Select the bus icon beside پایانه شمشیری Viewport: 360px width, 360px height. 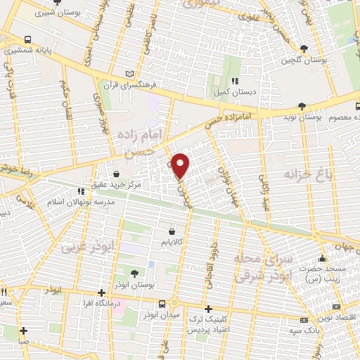point(27,39)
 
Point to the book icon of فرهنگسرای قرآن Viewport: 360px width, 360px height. point(128,73)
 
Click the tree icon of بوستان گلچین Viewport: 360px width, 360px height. point(303,48)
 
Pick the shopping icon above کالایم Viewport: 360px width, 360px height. point(172,230)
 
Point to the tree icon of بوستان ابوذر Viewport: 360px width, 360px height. point(134,273)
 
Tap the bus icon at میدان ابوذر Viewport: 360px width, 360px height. point(162,304)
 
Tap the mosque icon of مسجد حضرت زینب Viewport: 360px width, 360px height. point(322,257)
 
